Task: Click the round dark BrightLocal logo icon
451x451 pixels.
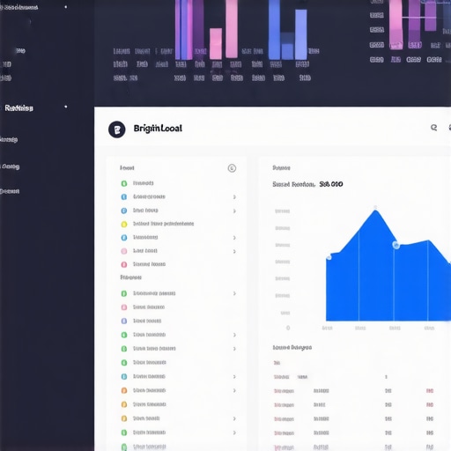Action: [116, 129]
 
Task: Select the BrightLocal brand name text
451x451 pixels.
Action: [158, 129]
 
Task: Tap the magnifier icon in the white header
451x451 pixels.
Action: [433, 128]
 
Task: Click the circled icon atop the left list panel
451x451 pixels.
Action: [232, 167]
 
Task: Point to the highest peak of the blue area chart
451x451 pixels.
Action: [375, 210]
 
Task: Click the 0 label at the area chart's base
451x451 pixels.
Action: [287, 314]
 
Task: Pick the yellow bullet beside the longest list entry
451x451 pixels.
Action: [124, 224]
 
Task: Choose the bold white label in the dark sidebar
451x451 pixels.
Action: [18, 108]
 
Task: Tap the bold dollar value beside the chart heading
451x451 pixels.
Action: [331, 184]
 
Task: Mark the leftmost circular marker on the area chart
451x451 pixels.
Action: [329, 257]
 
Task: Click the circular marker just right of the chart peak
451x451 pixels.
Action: [396, 244]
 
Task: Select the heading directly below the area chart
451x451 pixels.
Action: [292, 347]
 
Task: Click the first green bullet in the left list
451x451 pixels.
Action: [124, 183]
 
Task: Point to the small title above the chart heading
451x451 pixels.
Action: [281, 167]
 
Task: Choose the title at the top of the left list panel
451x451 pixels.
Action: [127, 167]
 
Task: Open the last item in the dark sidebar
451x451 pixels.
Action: [10, 190]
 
